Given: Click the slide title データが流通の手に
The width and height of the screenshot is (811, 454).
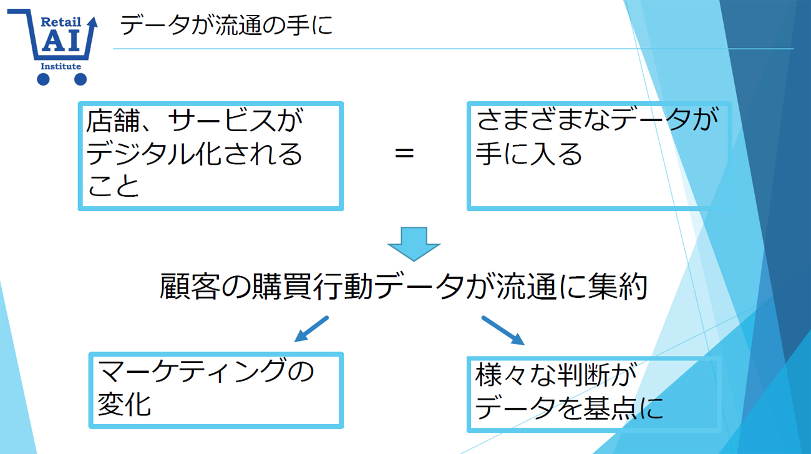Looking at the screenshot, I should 226,26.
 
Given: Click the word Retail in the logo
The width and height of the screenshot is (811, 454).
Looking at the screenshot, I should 61,22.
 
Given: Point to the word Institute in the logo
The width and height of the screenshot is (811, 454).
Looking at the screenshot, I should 61,66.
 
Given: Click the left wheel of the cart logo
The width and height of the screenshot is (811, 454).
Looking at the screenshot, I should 43,79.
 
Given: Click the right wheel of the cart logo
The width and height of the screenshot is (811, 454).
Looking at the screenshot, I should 80,79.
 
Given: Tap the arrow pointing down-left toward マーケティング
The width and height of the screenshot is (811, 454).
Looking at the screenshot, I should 311,329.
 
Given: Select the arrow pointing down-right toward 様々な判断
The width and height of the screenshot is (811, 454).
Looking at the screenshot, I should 503,330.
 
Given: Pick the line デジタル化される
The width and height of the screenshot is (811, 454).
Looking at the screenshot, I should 194,154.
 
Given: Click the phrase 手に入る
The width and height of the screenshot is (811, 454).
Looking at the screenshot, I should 528,154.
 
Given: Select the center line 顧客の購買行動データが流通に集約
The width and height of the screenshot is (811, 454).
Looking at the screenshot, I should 404,287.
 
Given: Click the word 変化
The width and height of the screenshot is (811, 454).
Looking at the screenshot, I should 125,404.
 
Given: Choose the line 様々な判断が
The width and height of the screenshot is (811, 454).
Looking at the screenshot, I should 550,377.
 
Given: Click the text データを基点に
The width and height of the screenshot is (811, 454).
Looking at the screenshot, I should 568,409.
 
